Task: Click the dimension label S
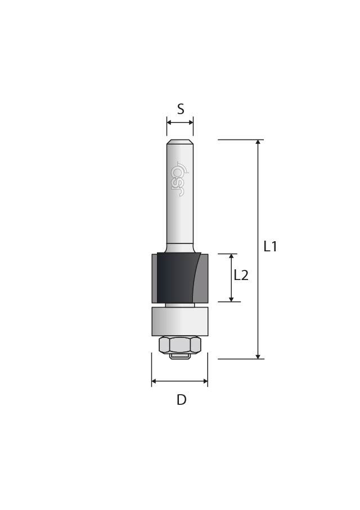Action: click(x=181, y=109)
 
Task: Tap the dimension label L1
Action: click(x=270, y=246)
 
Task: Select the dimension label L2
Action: click(x=241, y=276)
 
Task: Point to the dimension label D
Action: click(x=181, y=400)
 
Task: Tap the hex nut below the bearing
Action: click(x=180, y=345)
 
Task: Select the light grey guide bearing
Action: click(x=180, y=322)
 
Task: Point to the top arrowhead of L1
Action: click(x=258, y=143)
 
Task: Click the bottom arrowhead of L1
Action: click(x=258, y=356)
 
